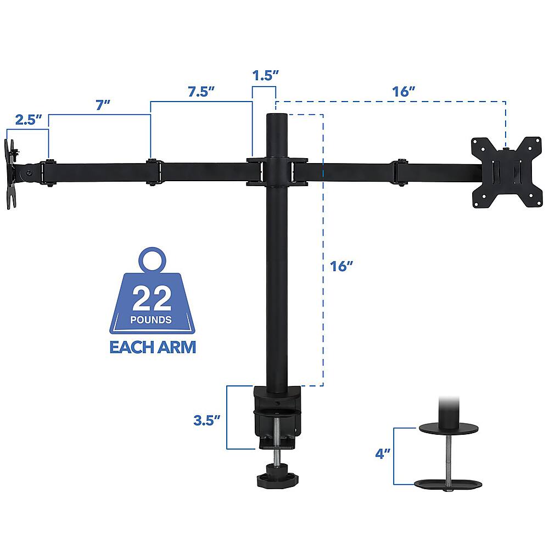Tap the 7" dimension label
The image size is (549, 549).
[99, 105]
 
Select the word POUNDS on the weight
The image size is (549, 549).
[152, 320]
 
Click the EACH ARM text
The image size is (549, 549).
[152, 348]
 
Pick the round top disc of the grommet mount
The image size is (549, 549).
[449, 428]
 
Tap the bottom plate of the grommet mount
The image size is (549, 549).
[449, 484]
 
